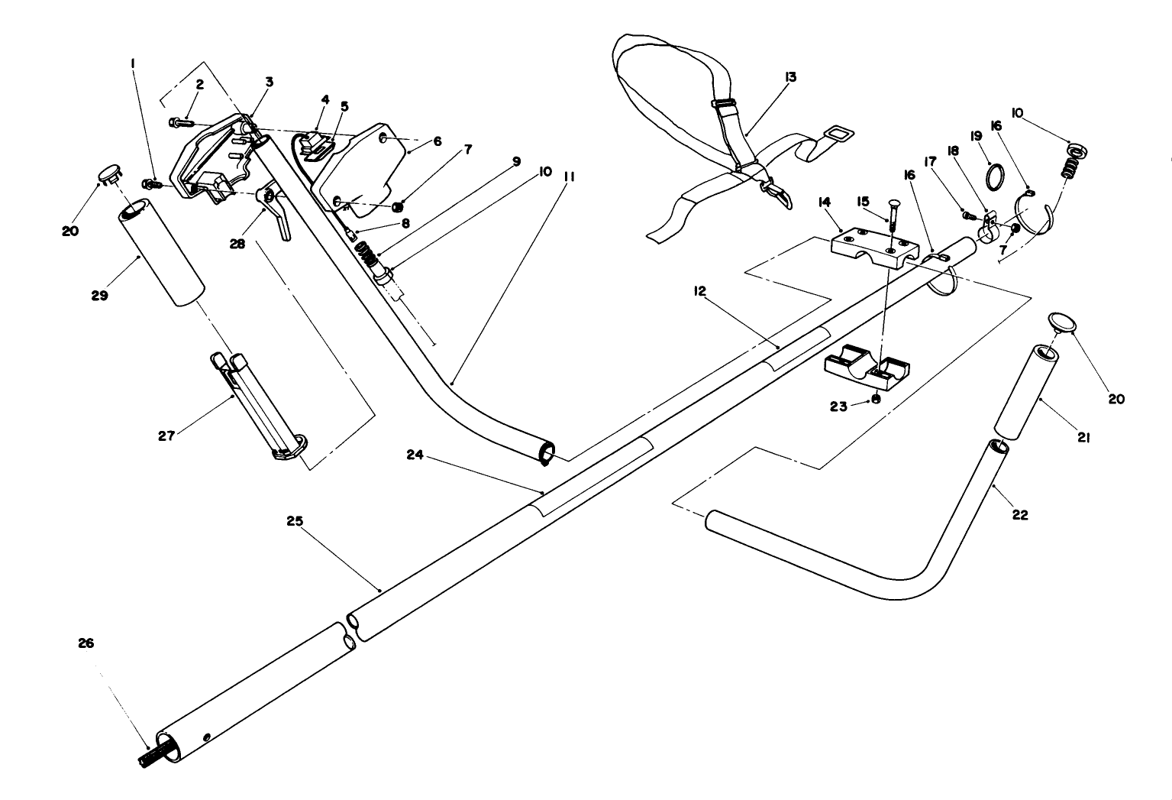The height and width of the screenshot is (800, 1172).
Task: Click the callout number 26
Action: point(86,643)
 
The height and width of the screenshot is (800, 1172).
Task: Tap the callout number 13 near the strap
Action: point(789,76)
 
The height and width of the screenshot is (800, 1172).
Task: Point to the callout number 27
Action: point(166,436)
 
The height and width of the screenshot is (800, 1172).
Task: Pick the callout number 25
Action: point(295,521)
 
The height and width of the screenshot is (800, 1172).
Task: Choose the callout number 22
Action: point(1020,515)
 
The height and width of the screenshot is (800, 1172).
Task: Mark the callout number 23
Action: point(838,406)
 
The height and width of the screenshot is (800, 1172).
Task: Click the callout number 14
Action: point(822,203)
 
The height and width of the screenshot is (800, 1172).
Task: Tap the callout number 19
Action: point(976,135)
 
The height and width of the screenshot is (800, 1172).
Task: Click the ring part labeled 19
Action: point(993,177)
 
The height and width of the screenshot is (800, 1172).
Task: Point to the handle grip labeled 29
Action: point(161,253)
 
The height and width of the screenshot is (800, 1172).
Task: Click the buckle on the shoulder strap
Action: point(722,103)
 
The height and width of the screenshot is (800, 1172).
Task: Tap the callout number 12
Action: point(699,290)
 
